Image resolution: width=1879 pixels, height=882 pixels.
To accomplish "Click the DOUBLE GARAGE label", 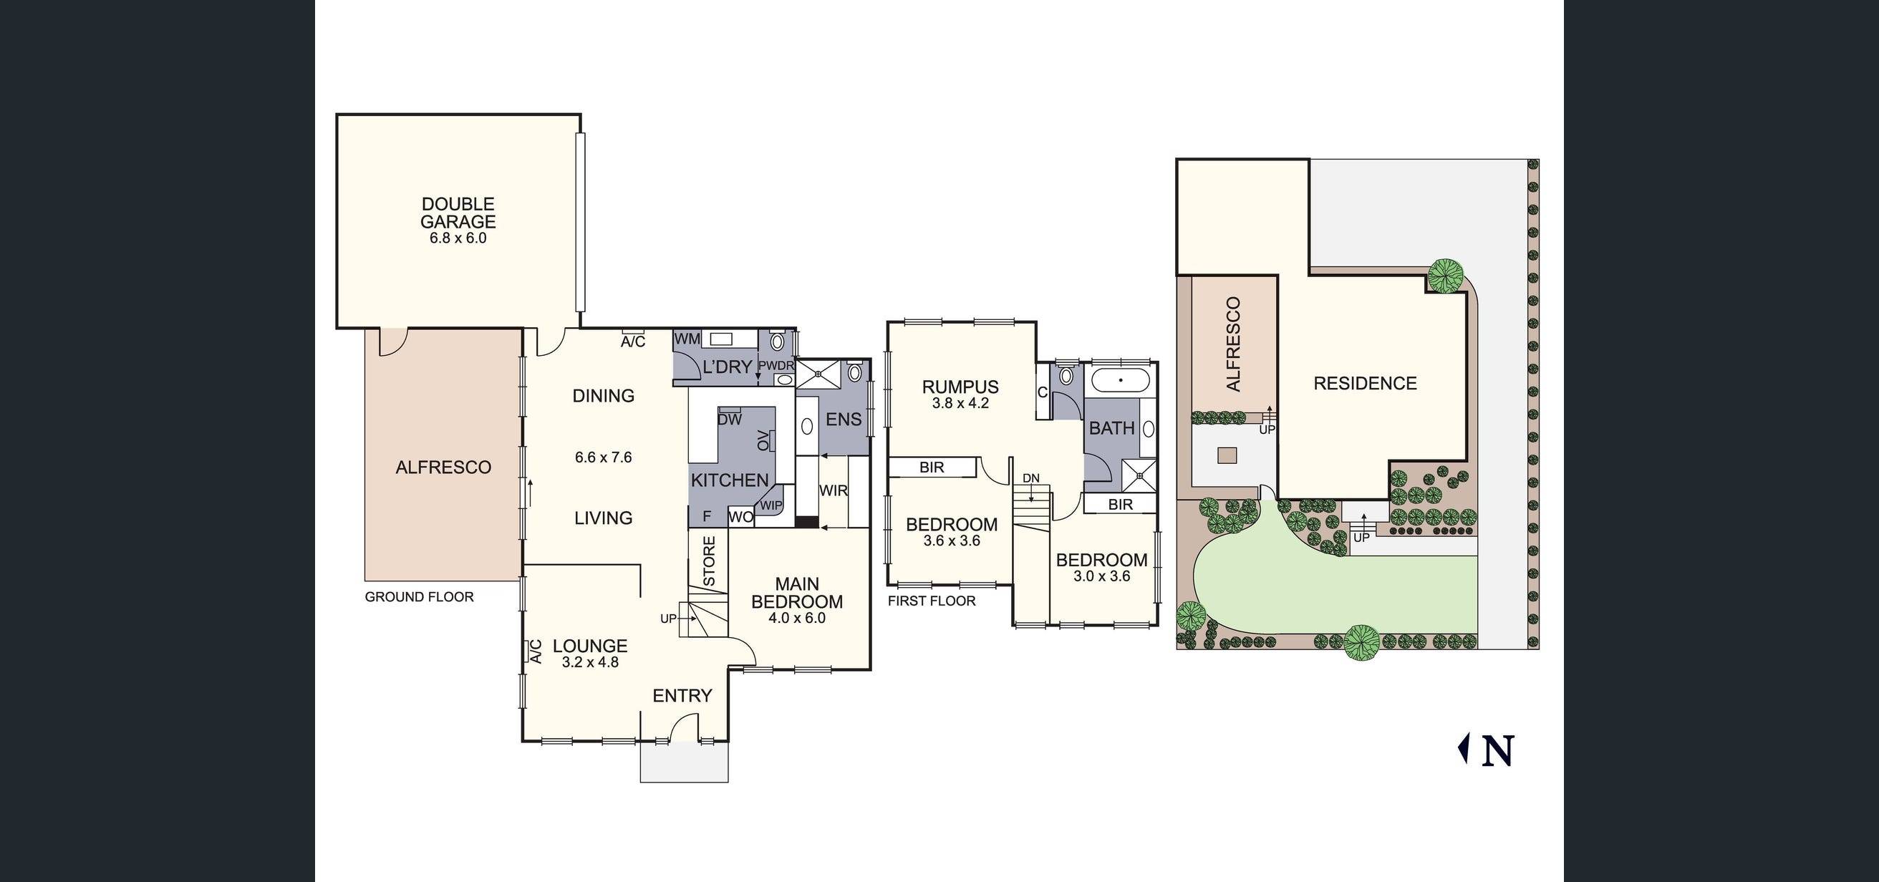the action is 458,213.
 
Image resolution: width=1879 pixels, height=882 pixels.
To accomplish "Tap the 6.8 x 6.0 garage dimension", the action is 458,238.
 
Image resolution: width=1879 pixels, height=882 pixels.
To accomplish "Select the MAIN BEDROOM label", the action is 797,593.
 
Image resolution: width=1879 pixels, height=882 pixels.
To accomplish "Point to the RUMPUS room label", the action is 960,387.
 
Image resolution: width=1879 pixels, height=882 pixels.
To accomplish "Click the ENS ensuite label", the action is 844,420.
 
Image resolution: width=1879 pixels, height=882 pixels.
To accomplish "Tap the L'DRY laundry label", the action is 727,367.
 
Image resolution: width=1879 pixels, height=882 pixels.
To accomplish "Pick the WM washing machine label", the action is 687,339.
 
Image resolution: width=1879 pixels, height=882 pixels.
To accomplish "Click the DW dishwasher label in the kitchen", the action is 730,420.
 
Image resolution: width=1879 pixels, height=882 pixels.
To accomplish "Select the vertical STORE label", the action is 709,561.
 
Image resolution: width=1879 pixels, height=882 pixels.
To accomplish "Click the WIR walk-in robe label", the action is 833,491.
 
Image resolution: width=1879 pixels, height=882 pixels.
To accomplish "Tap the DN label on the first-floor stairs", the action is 1030,478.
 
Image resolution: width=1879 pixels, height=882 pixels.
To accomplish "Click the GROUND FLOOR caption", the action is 420,597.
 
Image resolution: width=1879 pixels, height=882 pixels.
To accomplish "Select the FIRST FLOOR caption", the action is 932,601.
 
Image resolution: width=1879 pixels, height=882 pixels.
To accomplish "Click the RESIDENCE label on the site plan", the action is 1365,384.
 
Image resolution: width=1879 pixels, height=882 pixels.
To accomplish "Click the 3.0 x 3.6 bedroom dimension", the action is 1101,576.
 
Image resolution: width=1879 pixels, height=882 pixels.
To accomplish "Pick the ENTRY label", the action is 682,696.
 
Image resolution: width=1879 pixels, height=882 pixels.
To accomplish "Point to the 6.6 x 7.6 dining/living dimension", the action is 603,457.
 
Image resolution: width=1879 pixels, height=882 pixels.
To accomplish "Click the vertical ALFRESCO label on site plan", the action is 1234,344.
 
